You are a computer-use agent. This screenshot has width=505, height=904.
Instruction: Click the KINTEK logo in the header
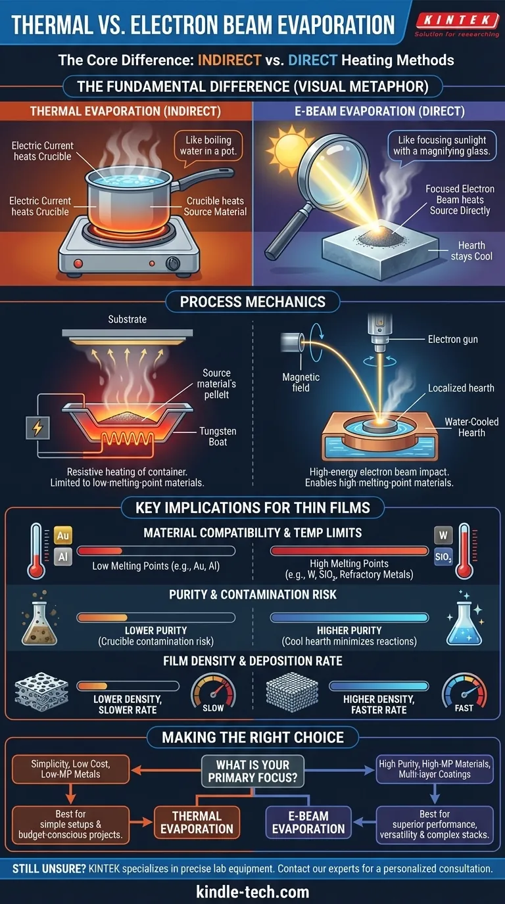456,24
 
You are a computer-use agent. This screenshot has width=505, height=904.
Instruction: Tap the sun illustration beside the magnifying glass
289,148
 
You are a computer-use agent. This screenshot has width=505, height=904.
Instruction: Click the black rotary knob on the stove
173,263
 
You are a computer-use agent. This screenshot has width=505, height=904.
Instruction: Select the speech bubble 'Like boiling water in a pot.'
208,147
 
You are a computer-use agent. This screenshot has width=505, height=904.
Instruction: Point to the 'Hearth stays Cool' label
471,250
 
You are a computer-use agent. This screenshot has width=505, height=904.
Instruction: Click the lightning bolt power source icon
37,428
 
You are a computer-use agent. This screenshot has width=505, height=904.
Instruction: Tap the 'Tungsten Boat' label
218,436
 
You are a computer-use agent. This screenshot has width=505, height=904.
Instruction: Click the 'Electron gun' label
453,340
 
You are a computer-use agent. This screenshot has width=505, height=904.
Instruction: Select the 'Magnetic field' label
301,382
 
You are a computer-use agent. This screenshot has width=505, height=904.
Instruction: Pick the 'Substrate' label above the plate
128,319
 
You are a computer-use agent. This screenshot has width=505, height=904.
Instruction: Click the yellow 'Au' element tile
63,535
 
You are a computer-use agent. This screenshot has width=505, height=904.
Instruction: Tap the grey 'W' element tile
443,535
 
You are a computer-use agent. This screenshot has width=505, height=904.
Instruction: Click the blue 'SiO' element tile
443,557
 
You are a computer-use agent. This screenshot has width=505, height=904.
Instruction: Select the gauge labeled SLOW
213,692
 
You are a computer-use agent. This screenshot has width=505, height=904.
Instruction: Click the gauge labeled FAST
464,692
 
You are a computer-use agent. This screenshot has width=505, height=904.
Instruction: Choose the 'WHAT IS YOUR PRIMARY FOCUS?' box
253,771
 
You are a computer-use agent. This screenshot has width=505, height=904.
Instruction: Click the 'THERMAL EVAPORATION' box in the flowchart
197,823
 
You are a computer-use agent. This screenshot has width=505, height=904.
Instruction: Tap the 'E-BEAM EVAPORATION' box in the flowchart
308,823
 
